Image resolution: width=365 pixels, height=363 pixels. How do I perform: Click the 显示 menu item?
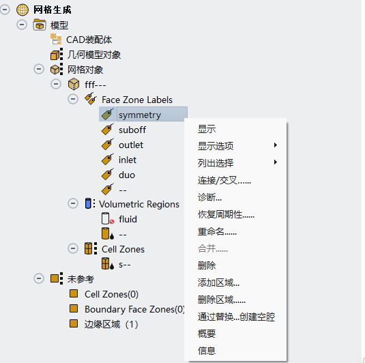tap(207, 129)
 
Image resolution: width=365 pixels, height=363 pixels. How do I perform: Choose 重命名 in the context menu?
tap(217, 232)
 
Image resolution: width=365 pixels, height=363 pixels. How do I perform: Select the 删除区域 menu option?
tap(222, 300)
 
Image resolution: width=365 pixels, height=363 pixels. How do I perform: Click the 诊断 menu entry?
tap(209, 197)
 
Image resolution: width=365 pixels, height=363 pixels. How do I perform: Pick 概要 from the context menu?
tap(207, 334)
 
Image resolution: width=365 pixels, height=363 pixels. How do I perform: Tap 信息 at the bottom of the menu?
tap(207, 351)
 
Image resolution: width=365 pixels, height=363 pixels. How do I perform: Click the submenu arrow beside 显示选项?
tap(276, 145)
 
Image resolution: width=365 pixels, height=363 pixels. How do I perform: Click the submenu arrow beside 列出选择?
tap(276, 162)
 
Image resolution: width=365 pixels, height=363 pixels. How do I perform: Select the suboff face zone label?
tap(132, 130)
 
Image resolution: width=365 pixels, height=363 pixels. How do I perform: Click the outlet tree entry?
tap(131, 145)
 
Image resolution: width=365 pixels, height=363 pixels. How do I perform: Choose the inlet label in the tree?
tap(128, 160)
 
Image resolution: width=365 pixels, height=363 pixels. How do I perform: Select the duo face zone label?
tap(127, 175)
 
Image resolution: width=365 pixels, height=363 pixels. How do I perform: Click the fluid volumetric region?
tap(128, 219)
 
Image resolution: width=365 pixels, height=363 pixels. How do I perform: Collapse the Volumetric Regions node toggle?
tap(73, 203)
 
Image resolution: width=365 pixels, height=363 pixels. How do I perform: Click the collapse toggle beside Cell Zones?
tap(73, 248)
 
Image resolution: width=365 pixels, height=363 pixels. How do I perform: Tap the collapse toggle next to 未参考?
tap(39, 278)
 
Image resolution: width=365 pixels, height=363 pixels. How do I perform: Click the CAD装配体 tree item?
tap(89, 40)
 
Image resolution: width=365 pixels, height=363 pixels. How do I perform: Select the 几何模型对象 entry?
tap(94, 55)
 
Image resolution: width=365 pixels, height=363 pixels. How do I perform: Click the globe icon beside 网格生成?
tap(23, 10)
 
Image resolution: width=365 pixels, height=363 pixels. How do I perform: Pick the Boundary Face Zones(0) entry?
tap(134, 309)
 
